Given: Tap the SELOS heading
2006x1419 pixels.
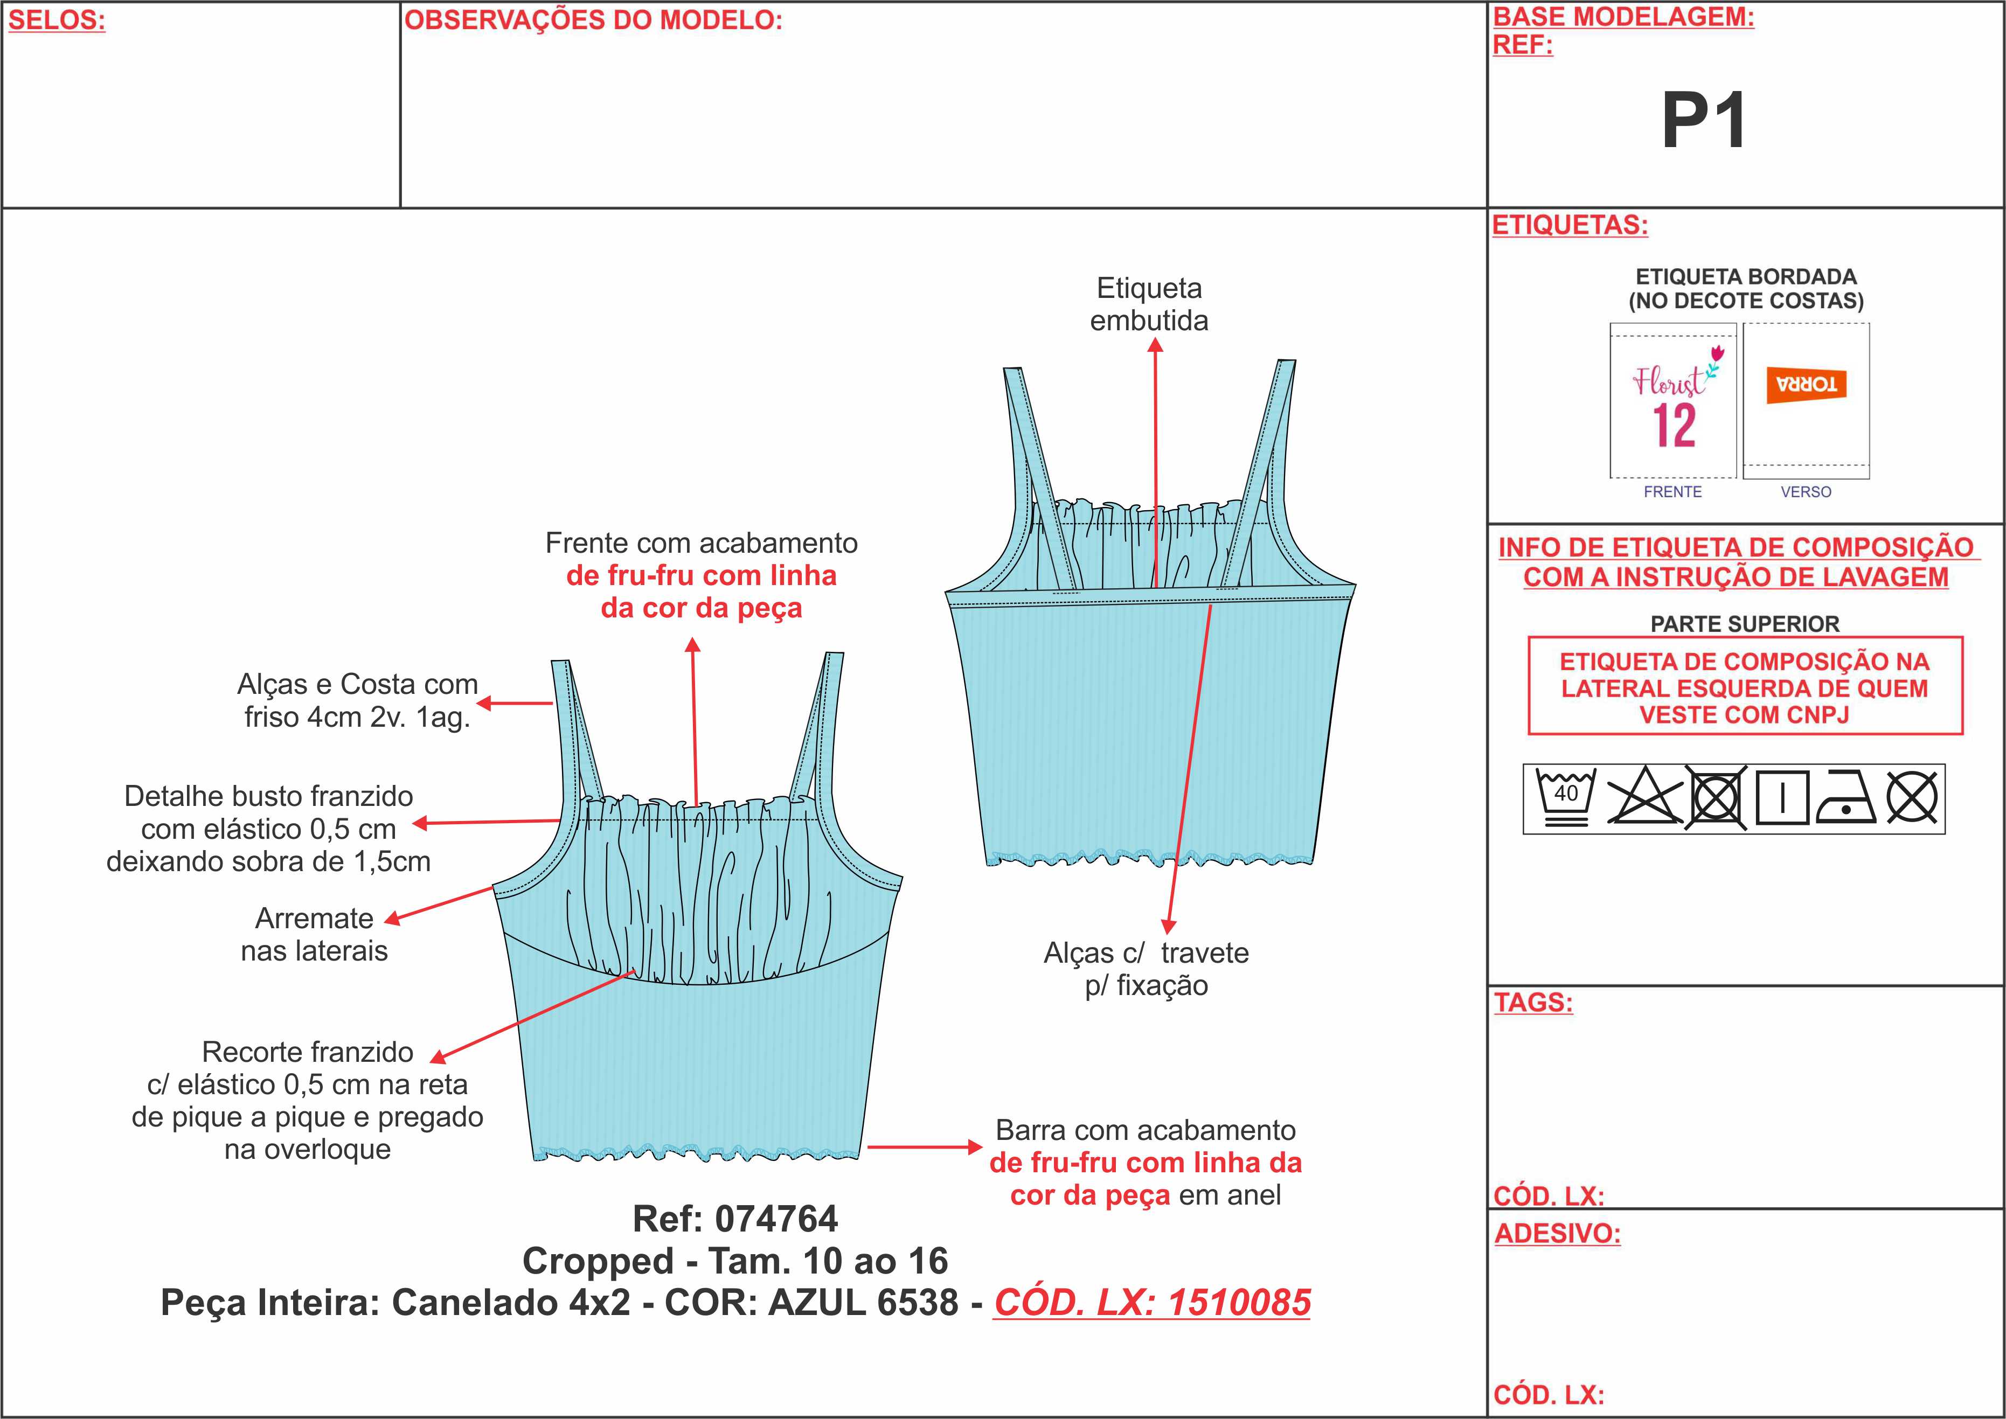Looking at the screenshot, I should (x=57, y=21).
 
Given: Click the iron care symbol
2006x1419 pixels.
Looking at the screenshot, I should (x=1845, y=798).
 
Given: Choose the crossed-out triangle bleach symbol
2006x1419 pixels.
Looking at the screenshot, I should (x=1644, y=797).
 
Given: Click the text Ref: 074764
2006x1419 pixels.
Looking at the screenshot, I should (x=735, y=1219).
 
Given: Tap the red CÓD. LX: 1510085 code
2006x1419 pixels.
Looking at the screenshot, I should (x=1151, y=1303).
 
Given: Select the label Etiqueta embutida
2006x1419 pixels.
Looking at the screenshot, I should (x=1149, y=304).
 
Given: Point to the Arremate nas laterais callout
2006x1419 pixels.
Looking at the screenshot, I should (x=315, y=934).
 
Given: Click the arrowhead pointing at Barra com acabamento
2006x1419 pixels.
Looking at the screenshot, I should (x=975, y=1146).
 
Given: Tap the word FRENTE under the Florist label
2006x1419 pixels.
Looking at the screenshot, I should (x=1672, y=492).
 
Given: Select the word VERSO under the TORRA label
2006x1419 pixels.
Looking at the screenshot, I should (x=1806, y=492).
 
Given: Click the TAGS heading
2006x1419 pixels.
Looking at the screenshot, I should (x=1533, y=1002).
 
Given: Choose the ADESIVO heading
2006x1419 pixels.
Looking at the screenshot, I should (x=1557, y=1234).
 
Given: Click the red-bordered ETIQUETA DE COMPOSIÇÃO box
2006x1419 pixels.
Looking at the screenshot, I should (x=1745, y=687).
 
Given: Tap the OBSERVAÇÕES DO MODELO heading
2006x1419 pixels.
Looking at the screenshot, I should (x=593, y=21).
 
